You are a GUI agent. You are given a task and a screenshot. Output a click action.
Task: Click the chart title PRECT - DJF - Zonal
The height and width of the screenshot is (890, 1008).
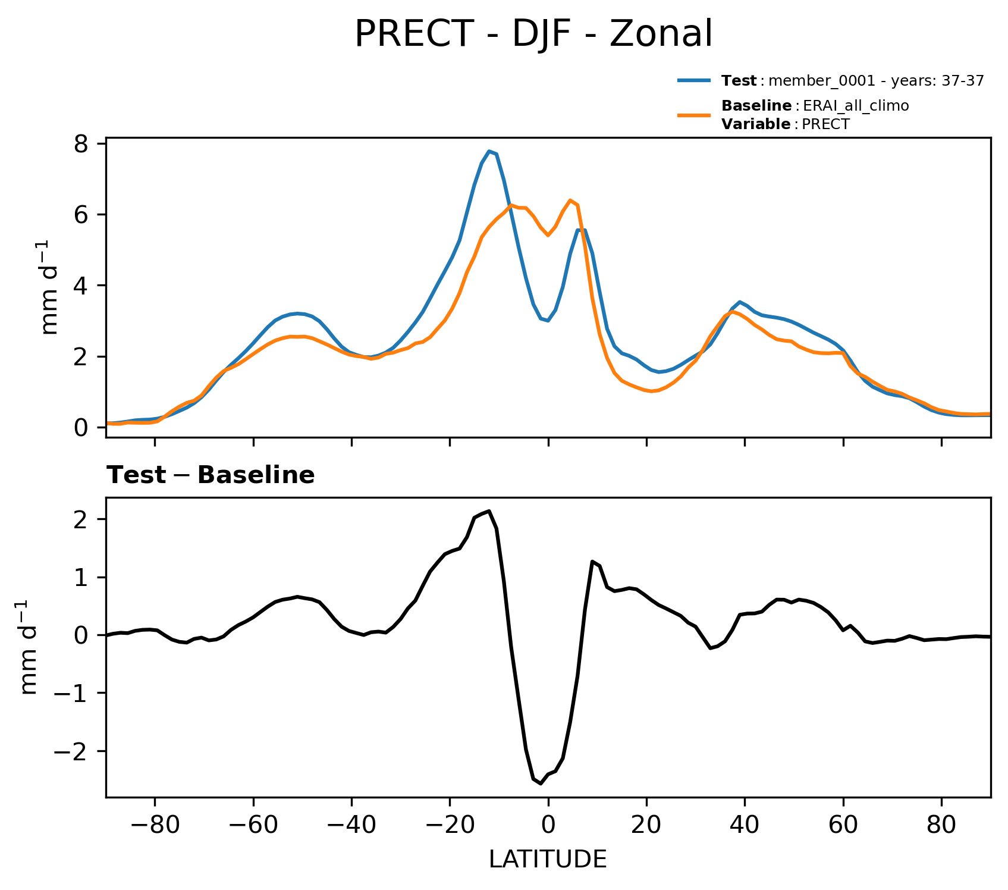pos(533,35)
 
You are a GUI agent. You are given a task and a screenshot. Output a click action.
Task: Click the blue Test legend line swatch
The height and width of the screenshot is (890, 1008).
pos(693,80)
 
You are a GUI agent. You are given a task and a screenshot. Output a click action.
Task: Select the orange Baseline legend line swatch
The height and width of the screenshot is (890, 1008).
pos(693,115)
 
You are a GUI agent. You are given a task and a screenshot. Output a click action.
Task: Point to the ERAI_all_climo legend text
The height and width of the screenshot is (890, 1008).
pos(856,106)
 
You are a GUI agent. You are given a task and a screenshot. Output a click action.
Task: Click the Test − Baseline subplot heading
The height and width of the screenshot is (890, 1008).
pos(211,475)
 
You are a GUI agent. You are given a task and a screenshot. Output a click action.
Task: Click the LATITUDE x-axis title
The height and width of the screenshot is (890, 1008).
pos(548,860)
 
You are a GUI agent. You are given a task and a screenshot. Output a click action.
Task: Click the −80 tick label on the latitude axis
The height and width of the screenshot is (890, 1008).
pos(155,826)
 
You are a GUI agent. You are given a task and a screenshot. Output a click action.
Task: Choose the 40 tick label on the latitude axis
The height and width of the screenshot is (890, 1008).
pos(745,826)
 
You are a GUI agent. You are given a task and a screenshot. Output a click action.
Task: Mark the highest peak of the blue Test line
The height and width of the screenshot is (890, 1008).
pos(489,151)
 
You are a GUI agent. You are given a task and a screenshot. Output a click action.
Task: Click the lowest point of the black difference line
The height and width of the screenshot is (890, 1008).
pos(541,784)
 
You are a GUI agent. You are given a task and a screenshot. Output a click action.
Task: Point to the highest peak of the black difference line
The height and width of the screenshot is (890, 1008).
pos(489,510)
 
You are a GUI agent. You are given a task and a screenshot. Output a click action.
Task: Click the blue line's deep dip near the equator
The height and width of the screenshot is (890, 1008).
pos(547,321)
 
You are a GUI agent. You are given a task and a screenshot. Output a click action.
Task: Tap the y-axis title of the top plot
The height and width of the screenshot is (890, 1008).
pos(50,287)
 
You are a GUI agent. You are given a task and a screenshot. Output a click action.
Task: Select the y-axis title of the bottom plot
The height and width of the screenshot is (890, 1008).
pos(29,647)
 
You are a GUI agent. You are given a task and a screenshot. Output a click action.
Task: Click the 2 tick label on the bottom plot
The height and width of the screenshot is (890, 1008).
pos(83,519)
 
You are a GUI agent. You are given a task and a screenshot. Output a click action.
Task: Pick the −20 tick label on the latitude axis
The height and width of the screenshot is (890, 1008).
pos(450,826)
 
